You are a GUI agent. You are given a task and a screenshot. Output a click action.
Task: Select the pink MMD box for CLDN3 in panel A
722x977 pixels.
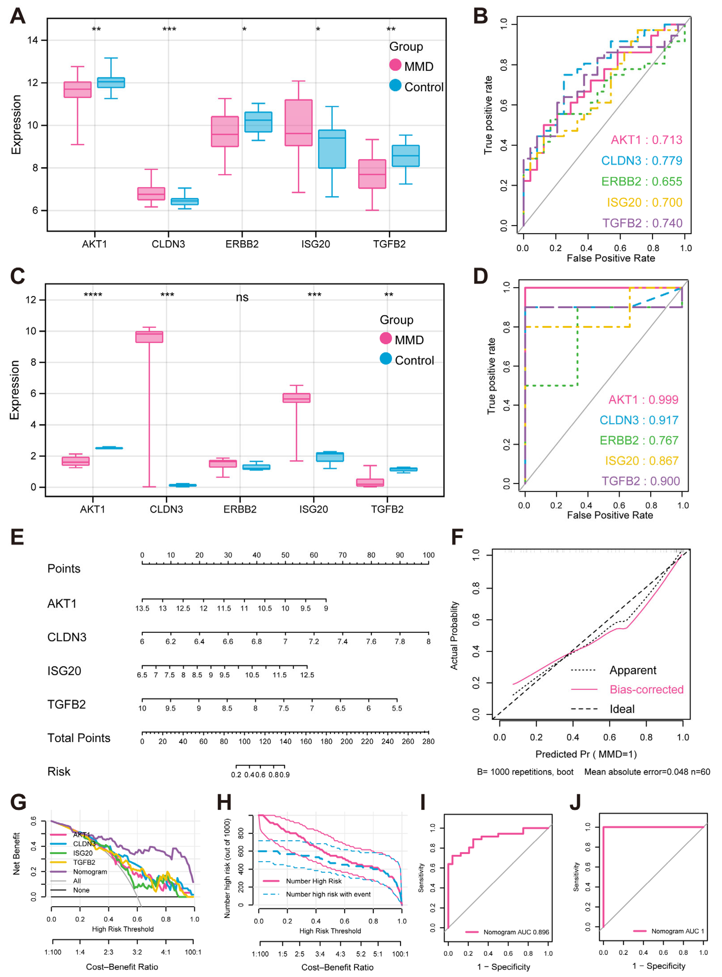[151, 194]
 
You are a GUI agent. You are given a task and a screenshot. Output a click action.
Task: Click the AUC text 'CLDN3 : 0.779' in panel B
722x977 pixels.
[641, 161]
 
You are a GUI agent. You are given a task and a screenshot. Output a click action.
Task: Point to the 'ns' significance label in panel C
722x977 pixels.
[242, 298]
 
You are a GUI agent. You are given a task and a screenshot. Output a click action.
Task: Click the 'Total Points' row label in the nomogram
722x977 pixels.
[79, 738]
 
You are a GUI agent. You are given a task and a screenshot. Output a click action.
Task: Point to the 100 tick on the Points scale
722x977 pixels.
[428, 555]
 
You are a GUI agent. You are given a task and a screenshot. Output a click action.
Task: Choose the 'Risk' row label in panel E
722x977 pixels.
[59, 772]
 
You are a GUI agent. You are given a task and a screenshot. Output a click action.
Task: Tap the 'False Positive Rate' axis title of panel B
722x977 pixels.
[610, 258]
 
